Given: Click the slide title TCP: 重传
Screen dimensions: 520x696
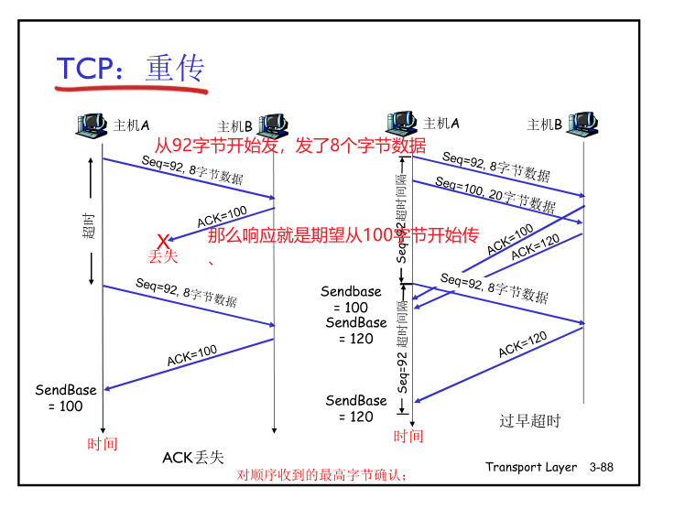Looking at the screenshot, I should point(130,70).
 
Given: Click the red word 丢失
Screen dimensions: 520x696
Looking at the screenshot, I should point(163,257).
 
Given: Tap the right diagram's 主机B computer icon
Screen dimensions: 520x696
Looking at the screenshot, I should point(583,125).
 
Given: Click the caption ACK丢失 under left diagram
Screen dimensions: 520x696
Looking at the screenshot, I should point(193,457).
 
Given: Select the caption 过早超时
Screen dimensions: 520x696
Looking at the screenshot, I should point(529,421).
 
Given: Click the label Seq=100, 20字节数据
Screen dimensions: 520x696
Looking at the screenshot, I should point(495,194).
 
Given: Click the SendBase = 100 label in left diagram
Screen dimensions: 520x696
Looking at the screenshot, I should point(66,398).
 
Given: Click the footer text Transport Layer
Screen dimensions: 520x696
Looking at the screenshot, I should point(531,468).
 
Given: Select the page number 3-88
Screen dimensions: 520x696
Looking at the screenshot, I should point(602,468).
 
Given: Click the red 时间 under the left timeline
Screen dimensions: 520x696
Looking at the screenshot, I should point(103,444).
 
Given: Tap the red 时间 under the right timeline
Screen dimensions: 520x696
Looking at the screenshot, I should point(408,436).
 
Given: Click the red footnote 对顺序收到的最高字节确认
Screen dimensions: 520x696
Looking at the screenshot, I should point(321,475).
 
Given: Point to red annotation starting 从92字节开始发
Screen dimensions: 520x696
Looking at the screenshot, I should point(289,145).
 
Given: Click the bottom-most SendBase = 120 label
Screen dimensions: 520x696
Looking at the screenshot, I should point(356,408).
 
